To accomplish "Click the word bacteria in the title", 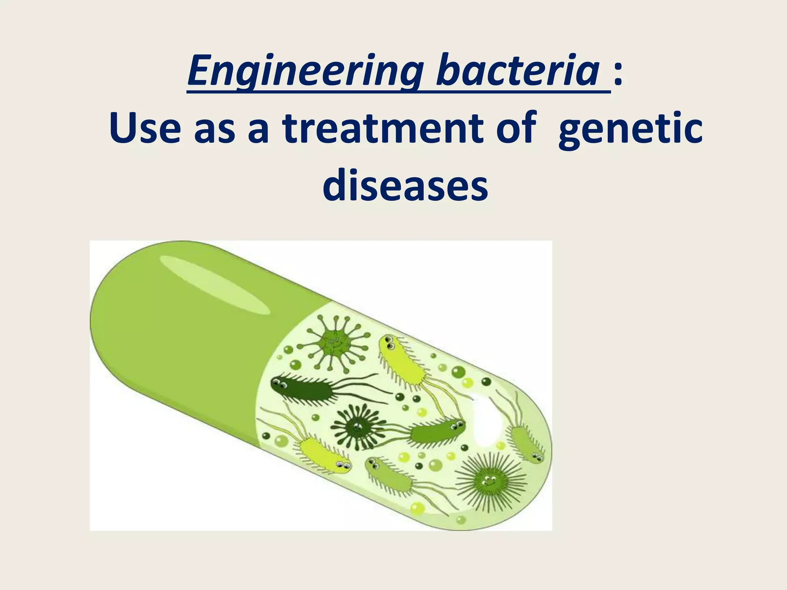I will pos(517,71).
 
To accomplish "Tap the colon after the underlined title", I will pos(618,73).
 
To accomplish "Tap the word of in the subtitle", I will pos(515,128).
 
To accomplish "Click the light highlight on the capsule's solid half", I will pos(214,284).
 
